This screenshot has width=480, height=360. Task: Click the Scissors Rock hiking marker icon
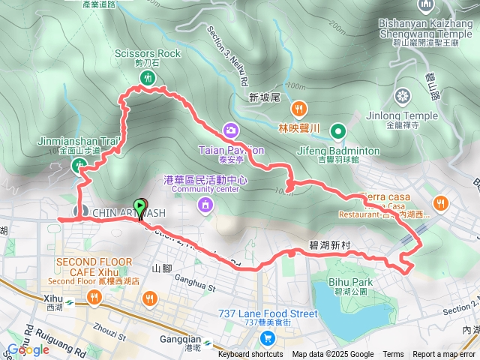[148, 77]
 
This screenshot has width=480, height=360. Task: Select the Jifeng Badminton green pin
[339, 133]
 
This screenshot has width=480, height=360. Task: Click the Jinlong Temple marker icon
[403, 96]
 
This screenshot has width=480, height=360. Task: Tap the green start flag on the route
[139, 205]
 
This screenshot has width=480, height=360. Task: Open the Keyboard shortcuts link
[250, 355]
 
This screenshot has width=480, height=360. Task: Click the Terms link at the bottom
[393, 355]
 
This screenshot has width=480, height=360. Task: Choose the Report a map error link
[445, 355]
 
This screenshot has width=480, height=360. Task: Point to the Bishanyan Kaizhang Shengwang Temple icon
[427, 6]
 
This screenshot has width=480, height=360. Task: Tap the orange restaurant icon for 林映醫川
[298, 109]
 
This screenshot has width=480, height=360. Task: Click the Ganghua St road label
[194, 285]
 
